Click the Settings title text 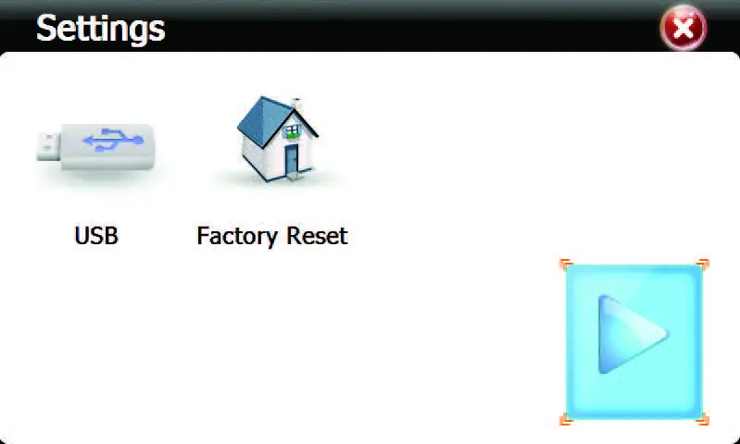point(100,28)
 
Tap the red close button point(683,29)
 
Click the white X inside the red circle point(683,29)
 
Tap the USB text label point(96,236)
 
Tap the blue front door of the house point(292,160)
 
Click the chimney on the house point(296,104)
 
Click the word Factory point(236,236)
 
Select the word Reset point(315,236)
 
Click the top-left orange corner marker point(567,265)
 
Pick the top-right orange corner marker point(702,265)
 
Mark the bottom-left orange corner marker point(567,419)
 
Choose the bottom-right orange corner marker point(702,419)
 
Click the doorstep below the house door point(292,177)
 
